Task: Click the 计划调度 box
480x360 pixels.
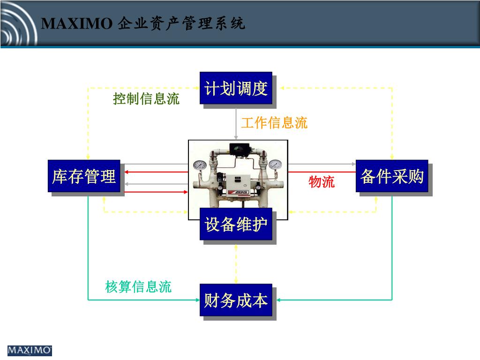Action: tap(236, 88)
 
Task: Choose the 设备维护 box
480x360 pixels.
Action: tap(236, 224)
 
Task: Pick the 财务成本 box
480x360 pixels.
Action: tap(236, 300)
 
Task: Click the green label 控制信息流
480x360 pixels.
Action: tap(146, 99)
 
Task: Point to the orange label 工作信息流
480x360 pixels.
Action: tap(274, 123)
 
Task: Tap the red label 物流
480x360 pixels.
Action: tap(322, 182)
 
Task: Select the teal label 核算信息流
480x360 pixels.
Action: tap(138, 286)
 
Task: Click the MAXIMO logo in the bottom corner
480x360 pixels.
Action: tap(30, 350)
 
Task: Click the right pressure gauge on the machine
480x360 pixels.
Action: tap(275, 165)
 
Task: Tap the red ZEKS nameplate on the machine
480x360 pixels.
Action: tap(238, 192)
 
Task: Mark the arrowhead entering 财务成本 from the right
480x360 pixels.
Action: tap(276, 300)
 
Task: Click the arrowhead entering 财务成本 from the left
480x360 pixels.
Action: tap(197, 300)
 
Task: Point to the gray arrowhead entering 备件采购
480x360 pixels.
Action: tap(353, 164)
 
